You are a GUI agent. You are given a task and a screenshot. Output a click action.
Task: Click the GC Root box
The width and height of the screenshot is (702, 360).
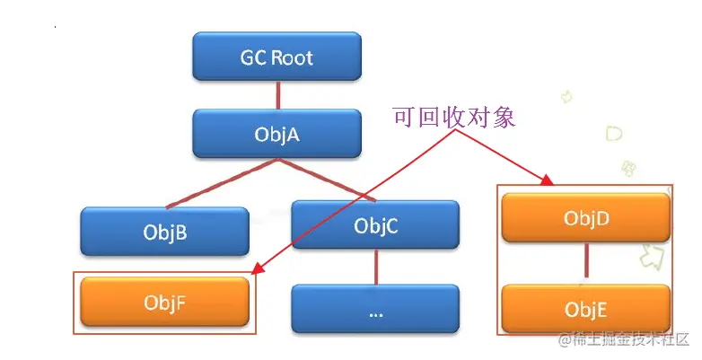tap(276, 57)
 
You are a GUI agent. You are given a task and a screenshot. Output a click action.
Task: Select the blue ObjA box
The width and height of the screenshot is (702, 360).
tap(276, 134)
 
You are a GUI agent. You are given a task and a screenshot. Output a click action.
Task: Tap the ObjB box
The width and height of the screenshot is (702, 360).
tap(164, 233)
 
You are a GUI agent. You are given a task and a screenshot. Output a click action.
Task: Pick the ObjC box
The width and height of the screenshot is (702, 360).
tap(375, 225)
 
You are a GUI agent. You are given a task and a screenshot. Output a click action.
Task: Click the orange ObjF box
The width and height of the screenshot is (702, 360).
tap(164, 302)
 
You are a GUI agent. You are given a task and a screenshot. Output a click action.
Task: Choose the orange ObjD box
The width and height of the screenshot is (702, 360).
tap(586, 217)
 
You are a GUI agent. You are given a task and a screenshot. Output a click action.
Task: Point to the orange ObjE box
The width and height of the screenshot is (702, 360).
tap(586, 309)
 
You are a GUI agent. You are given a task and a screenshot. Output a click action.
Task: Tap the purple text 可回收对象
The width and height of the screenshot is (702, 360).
tap(454, 117)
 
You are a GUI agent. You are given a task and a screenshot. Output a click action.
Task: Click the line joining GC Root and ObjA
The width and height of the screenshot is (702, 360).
tap(277, 95)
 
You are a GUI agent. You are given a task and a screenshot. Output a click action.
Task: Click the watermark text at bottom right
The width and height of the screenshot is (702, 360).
tap(623, 339)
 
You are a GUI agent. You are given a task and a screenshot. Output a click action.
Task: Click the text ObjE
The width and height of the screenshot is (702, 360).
tap(586, 310)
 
